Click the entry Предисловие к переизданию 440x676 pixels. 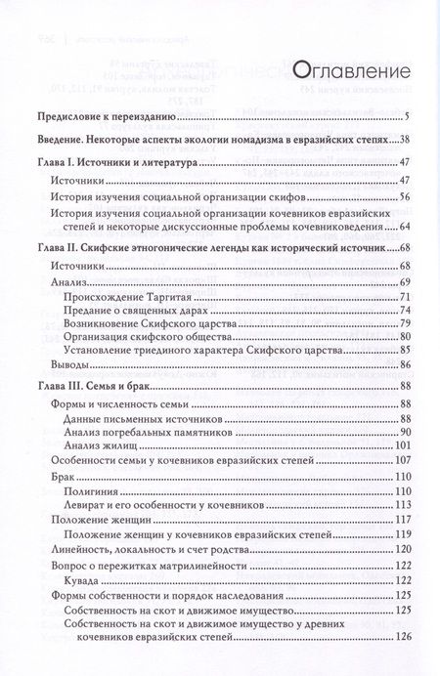(x=111, y=118)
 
